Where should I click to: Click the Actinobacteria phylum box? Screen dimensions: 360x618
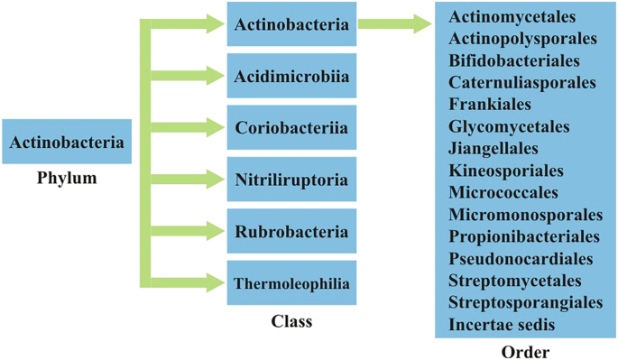coord(67,142)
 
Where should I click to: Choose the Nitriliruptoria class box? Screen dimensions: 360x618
coord(291,180)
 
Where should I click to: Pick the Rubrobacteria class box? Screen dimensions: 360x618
coord(291,231)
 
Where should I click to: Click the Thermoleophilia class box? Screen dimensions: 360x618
coord(291,283)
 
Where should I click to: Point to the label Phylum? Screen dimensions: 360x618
coord(67,178)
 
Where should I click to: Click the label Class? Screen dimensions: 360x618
coord(291,321)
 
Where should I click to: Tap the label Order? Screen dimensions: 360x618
coord(524,352)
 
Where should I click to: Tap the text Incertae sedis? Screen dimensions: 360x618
coord(502,324)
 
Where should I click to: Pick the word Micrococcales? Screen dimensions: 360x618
coord(503,192)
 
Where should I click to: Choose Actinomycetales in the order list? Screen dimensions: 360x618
coord(512,17)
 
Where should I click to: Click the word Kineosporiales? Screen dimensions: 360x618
coord(505,171)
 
